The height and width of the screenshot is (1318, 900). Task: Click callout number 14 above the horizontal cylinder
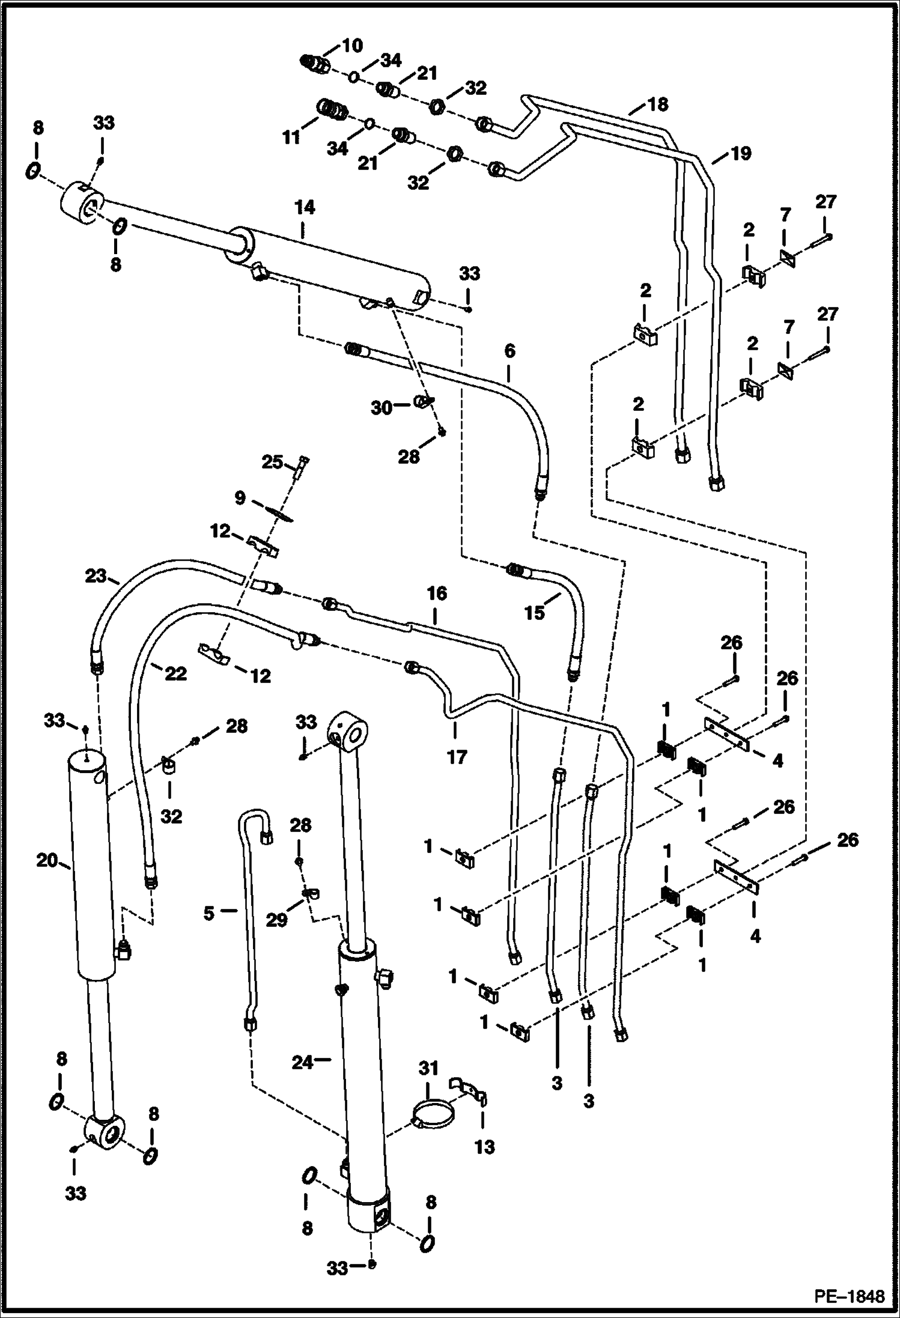305,208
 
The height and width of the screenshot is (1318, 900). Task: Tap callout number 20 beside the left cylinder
46,860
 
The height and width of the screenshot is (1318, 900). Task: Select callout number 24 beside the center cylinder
303,1063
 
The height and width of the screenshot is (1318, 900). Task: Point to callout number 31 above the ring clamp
429,1068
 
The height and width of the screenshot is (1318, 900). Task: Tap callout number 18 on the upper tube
658,105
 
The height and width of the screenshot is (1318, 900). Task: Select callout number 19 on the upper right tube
741,154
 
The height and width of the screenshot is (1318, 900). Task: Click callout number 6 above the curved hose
509,351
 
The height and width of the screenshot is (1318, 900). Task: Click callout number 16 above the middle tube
437,594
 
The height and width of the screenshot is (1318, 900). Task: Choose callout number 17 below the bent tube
457,756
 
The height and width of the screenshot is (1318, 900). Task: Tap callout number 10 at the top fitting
353,45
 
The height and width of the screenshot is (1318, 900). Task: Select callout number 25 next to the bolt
272,463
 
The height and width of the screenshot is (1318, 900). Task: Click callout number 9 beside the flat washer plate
239,498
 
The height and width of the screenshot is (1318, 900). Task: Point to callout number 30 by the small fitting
381,408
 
